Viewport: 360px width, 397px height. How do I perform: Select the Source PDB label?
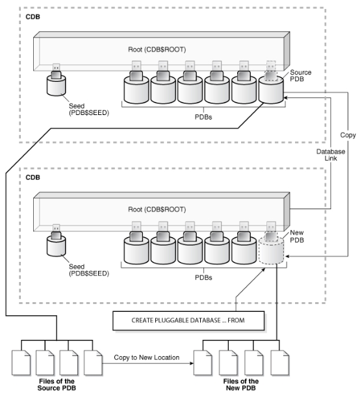302,75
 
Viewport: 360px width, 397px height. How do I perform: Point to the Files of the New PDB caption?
242,385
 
